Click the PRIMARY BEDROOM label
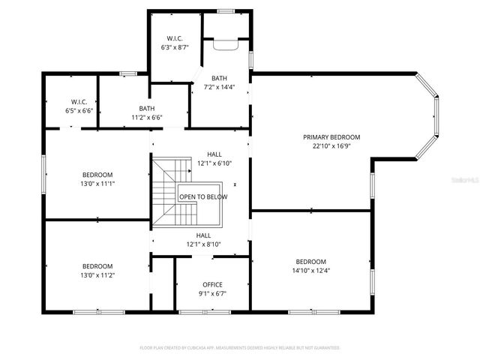(x=331, y=137)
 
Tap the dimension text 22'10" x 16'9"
(x=331, y=146)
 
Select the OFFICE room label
(x=212, y=284)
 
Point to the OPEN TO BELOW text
(x=202, y=196)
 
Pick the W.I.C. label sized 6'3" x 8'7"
(x=174, y=38)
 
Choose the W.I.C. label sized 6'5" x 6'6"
(x=79, y=101)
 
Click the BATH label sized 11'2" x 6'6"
(x=147, y=108)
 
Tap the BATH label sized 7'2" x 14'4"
(x=219, y=78)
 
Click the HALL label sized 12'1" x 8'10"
(x=203, y=235)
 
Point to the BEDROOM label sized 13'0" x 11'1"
(x=97, y=175)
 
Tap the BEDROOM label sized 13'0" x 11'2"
(x=97, y=266)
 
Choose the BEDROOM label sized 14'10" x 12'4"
(x=310, y=262)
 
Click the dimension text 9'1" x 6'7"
(x=212, y=293)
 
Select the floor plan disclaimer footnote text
(x=240, y=348)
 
